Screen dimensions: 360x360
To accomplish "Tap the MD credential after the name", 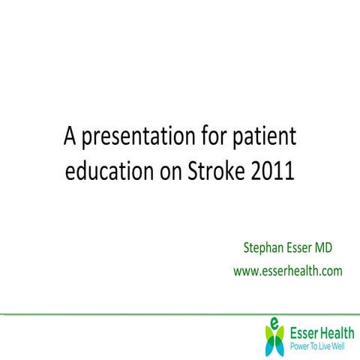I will point(333,247).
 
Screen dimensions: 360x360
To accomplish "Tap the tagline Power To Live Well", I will point(317,346).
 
